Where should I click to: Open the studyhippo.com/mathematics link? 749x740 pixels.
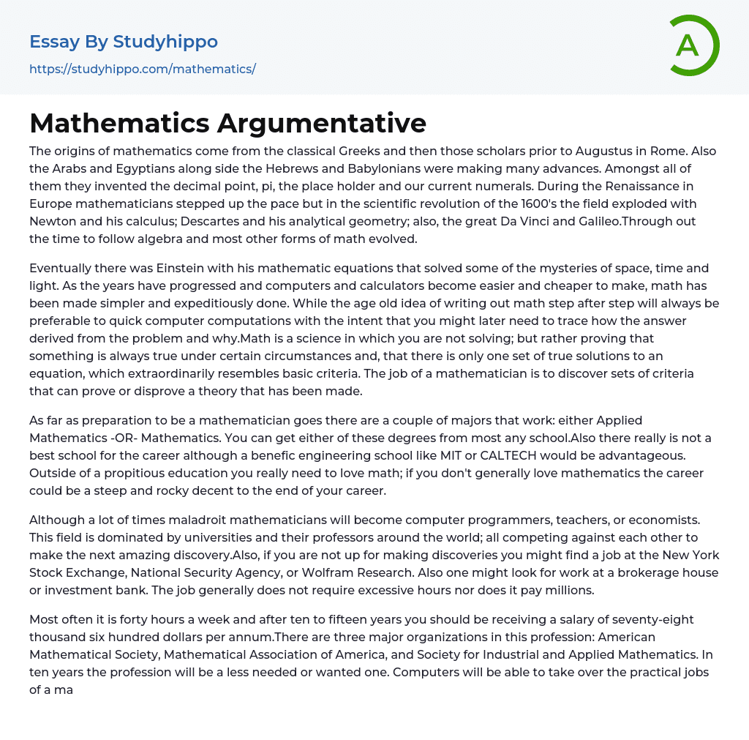(143, 70)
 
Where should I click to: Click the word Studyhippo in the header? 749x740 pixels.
(165, 42)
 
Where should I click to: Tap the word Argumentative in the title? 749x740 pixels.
(322, 123)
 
